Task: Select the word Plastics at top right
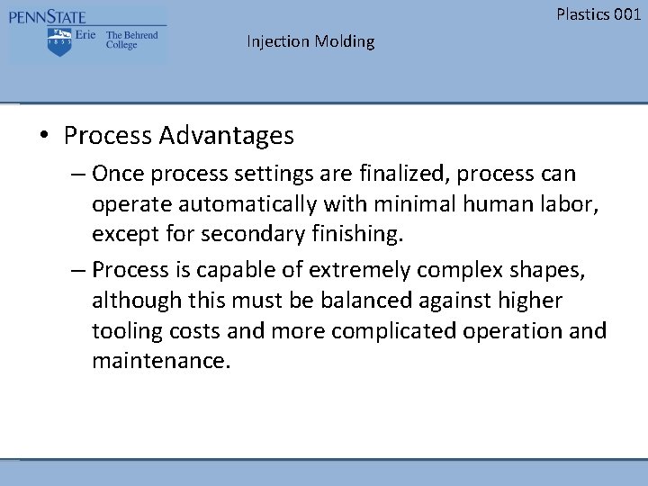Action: pyautogui.click(x=581, y=13)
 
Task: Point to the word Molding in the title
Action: pyautogui.click(x=345, y=41)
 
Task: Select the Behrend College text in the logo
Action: pyautogui.click(x=131, y=40)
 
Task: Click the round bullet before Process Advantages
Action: pyautogui.click(x=43, y=137)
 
